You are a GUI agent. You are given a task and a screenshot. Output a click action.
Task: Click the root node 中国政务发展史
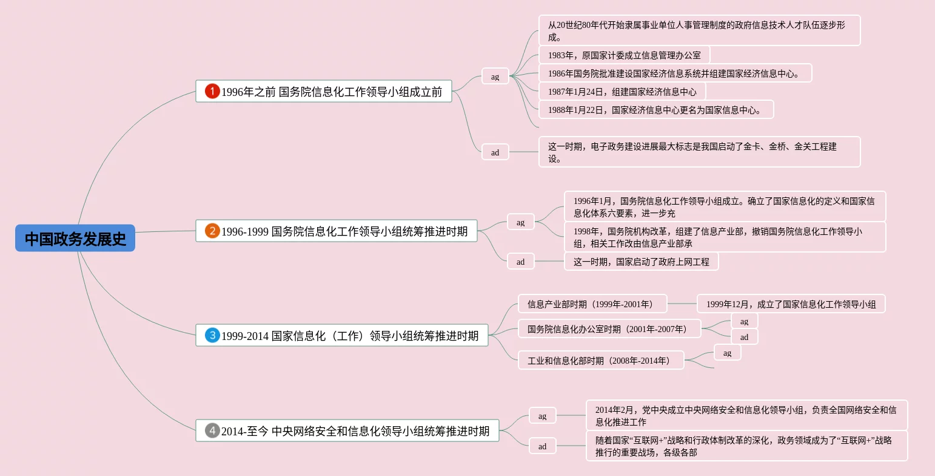click(75, 239)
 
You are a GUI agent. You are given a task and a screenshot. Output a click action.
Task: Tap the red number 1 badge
click(212, 92)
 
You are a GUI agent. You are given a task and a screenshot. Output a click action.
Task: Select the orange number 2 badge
click(212, 231)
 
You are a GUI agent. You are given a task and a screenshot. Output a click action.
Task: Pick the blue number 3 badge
click(212, 335)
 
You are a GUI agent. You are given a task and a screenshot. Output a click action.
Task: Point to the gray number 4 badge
click(212, 431)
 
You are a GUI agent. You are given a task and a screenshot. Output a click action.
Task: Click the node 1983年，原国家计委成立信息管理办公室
click(624, 55)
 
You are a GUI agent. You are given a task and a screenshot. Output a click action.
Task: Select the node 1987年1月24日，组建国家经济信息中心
click(622, 92)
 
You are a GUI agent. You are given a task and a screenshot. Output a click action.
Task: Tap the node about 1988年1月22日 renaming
click(656, 110)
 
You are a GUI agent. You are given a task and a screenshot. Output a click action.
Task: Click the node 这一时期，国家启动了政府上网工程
click(641, 262)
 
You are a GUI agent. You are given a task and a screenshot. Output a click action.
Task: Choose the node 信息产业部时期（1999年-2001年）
click(592, 304)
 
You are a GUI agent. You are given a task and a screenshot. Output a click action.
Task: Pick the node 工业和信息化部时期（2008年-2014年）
click(600, 361)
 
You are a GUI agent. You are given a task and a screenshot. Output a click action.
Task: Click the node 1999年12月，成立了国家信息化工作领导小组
click(791, 304)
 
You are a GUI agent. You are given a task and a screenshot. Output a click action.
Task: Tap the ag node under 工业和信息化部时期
click(727, 353)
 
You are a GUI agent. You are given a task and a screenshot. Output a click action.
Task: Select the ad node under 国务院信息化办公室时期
click(744, 337)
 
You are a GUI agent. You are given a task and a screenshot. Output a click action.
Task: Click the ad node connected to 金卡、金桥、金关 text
click(495, 152)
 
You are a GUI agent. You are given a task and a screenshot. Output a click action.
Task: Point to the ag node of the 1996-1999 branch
click(520, 222)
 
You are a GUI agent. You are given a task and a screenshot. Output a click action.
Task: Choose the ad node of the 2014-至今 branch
click(542, 446)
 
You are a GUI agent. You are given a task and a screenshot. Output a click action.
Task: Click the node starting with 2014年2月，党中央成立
click(746, 416)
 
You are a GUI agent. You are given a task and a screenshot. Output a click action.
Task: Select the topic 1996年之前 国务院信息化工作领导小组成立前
click(331, 92)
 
